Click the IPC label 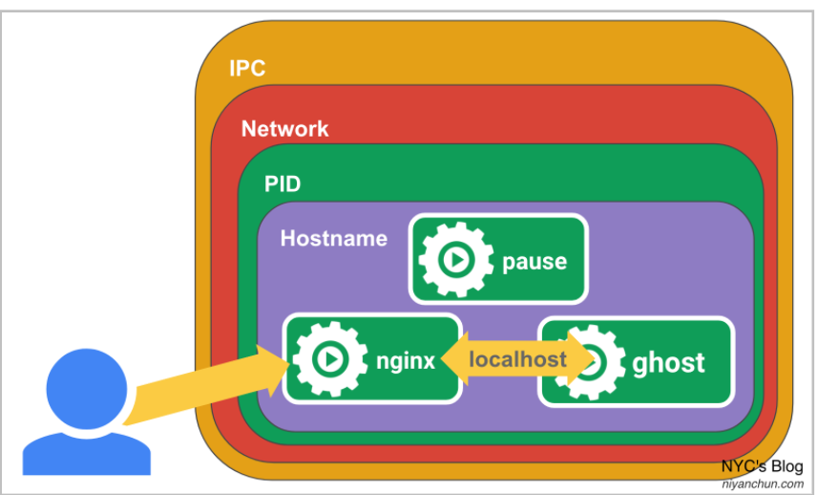[247, 69]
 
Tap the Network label [284, 129]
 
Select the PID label [283, 183]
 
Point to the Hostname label [333, 238]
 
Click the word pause [535, 261]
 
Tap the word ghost [668, 362]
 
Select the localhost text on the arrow [517, 360]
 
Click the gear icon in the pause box [454, 259]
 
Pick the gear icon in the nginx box [328, 359]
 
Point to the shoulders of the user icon [86, 453]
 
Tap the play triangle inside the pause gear [456, 259]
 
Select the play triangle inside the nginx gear [330, 359]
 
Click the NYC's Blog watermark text [762, 467]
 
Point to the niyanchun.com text [762, 484]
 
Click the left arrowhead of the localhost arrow [451, 360]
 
